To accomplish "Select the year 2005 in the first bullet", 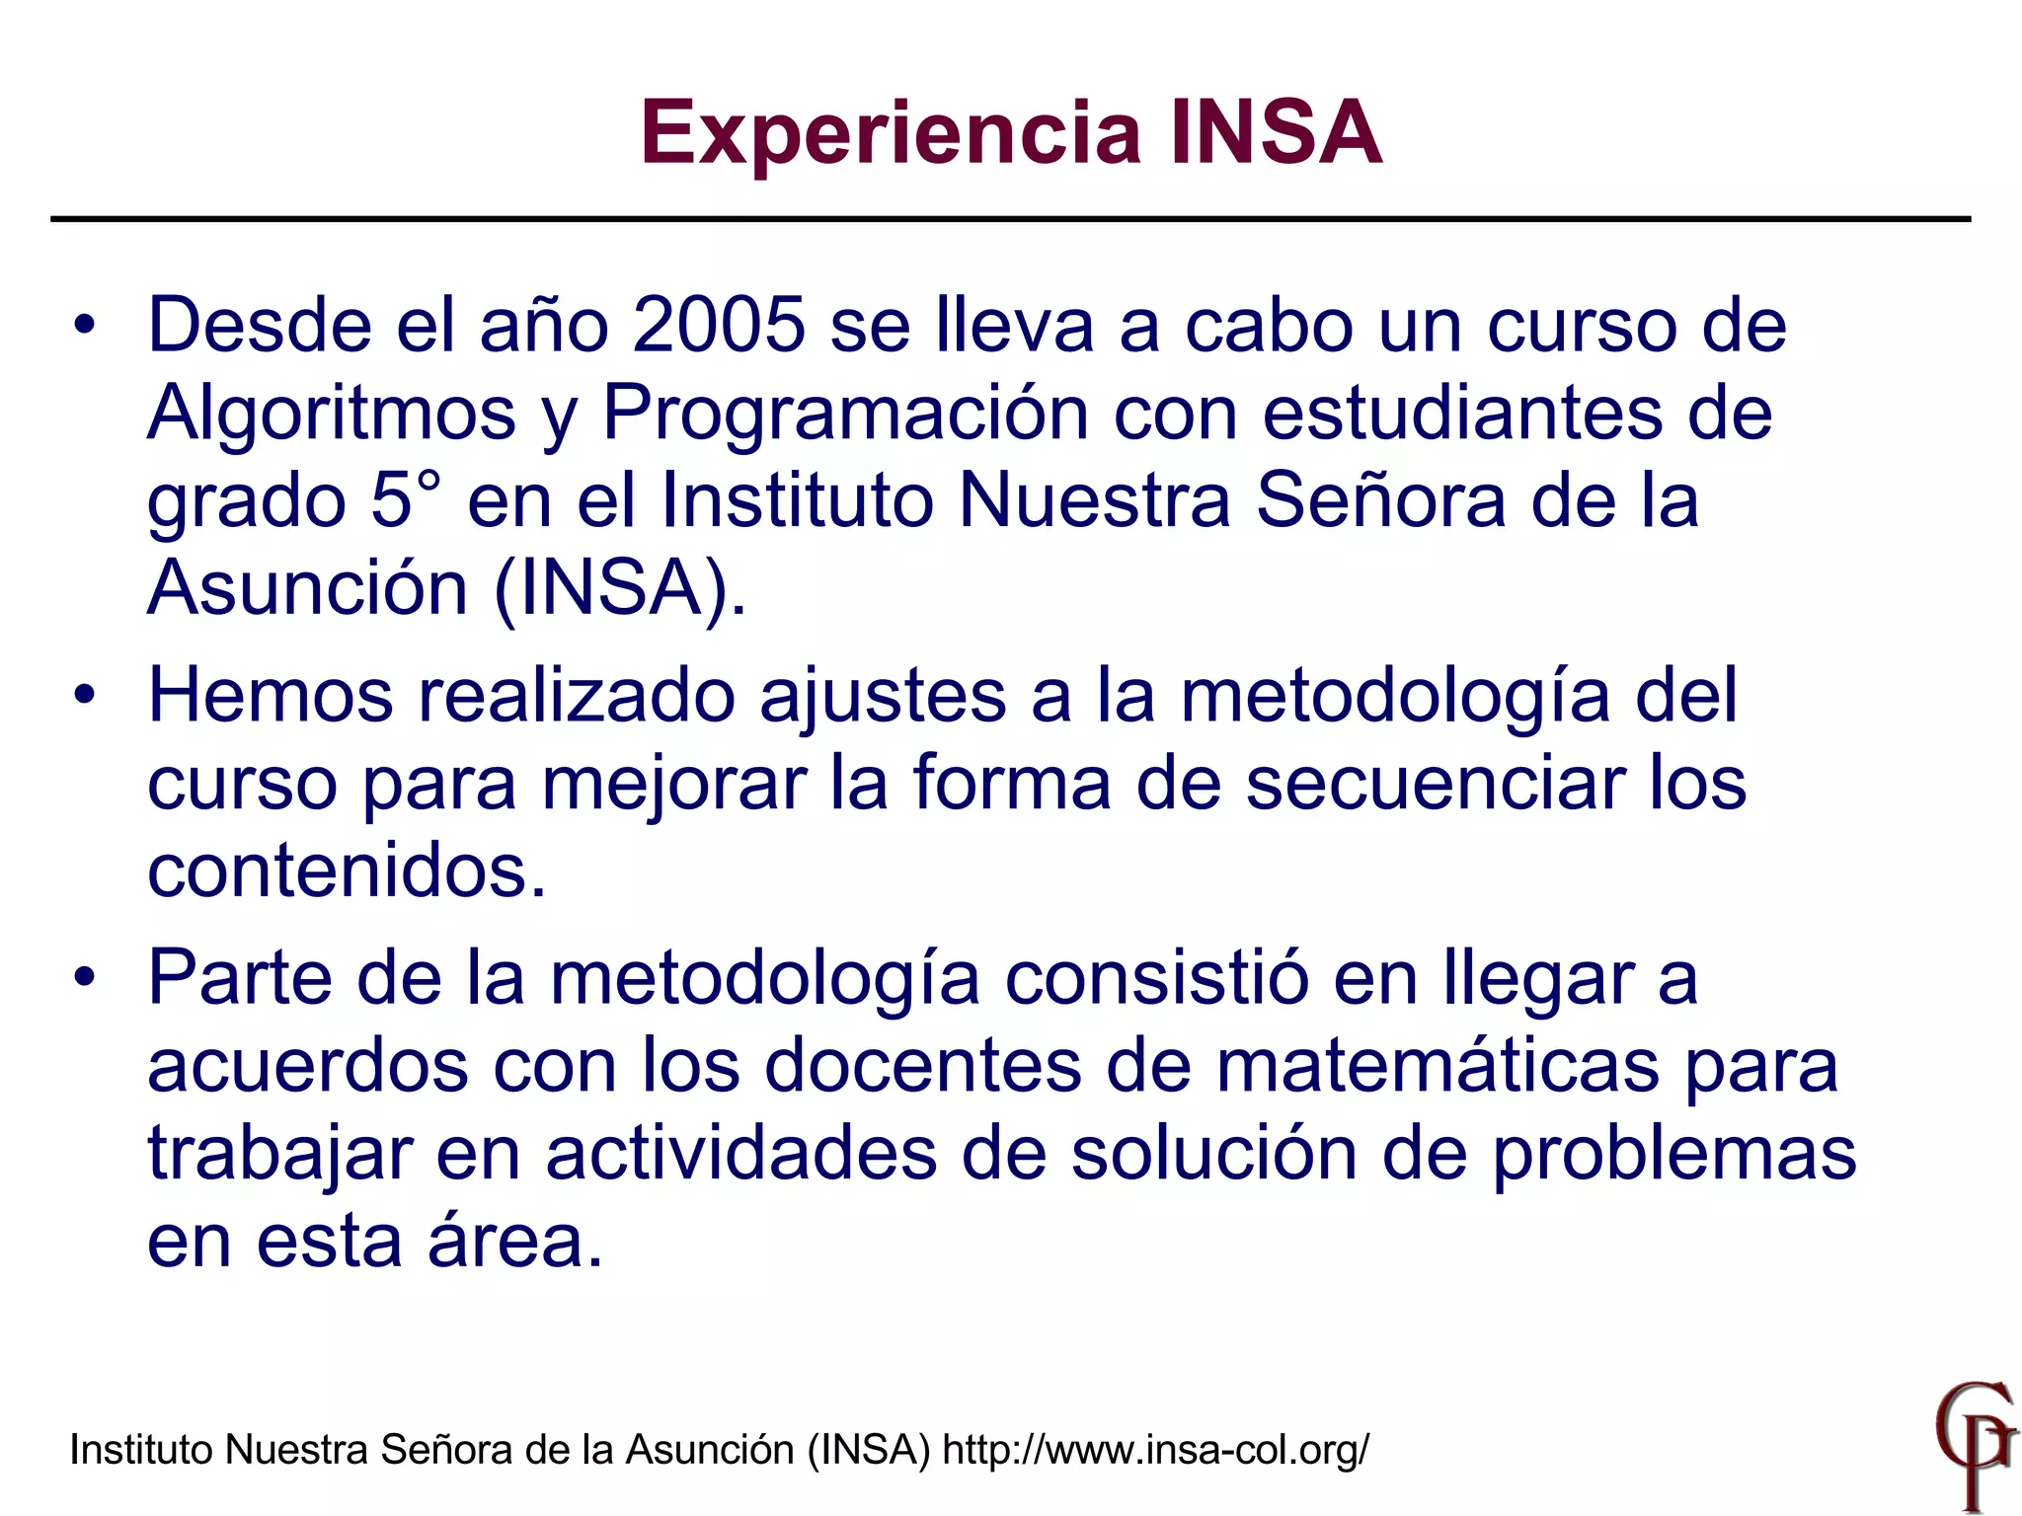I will [719, 325].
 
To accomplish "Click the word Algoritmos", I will [332, 413].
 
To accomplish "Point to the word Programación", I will [845, 413].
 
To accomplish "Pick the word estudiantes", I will [1462, 413].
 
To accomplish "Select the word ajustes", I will [883, 697].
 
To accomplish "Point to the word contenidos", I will [346, 871].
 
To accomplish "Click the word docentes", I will [923, 1065].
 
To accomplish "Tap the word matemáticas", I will [1438, 1065].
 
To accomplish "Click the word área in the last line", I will [513, 1240].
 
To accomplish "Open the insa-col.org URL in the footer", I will [1155, 1450].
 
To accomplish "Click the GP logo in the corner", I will [1974, 1445].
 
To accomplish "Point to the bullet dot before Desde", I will [86, 325].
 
